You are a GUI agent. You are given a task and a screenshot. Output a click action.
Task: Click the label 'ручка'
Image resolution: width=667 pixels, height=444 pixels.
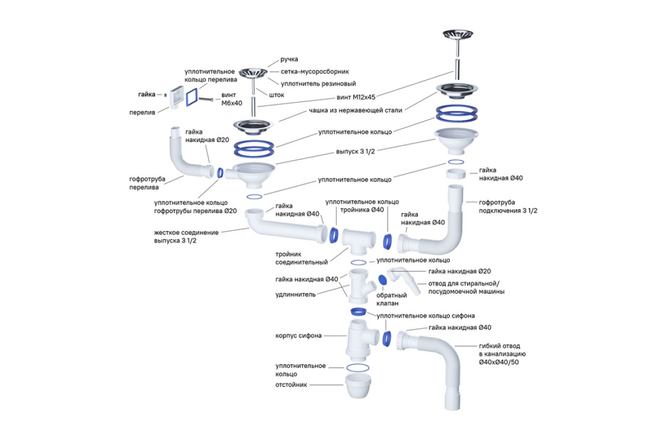[289, 59]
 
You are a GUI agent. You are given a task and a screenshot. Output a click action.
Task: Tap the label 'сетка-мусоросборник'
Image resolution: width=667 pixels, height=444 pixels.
[315, 72]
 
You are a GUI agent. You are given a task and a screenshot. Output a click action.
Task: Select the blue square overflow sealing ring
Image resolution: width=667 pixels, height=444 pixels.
[192, 97]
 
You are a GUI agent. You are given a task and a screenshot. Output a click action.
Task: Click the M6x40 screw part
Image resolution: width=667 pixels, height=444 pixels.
[206, 99]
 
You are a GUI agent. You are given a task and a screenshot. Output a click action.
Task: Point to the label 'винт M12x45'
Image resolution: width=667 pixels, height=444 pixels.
[356, 97]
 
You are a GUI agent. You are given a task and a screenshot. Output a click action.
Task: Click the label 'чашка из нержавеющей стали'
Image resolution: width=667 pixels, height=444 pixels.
[355, 110]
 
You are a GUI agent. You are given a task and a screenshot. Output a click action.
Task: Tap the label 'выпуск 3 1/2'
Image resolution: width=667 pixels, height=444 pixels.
[355, 152]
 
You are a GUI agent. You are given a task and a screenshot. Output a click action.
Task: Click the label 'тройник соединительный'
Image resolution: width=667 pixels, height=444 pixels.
[301, 258]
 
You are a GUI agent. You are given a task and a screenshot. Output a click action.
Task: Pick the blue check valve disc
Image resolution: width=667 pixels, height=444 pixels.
[382, 280]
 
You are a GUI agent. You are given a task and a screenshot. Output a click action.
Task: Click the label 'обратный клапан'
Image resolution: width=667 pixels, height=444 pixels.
[391, 299]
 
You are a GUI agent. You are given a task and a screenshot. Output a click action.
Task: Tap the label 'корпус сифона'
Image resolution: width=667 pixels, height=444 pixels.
[298, 336]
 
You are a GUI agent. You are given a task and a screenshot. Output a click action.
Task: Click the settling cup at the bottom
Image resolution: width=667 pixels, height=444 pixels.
[358, 386]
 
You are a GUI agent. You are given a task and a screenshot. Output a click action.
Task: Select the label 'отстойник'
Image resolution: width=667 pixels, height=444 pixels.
[291, 385]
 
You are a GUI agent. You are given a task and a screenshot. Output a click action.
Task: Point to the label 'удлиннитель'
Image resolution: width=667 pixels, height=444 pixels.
[295, 295]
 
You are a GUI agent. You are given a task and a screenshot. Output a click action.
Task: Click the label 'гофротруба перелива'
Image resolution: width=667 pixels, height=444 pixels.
[147, 183]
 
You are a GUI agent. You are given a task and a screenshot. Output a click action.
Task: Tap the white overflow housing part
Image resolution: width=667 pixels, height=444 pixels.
[176, 98]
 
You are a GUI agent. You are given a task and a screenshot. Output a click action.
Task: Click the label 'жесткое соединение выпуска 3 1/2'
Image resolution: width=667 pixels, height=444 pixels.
[186, 236]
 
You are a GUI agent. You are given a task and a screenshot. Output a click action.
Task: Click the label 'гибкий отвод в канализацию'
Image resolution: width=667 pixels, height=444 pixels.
[502, 354]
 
